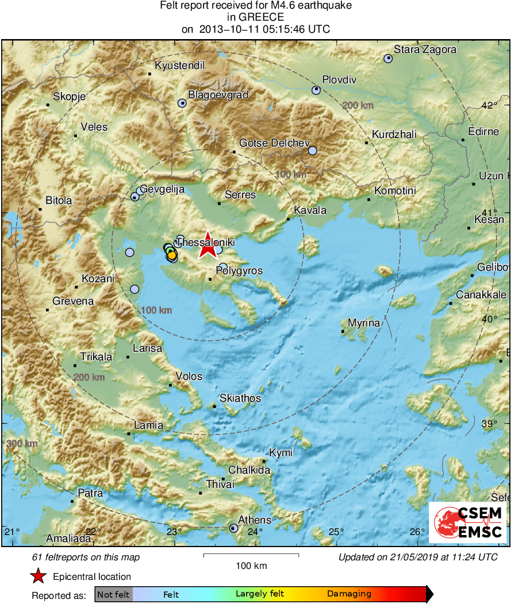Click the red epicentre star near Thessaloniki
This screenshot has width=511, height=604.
point(208,248)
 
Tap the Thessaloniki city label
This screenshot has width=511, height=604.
point(205,243)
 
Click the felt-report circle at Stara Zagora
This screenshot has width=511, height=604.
point(389,58)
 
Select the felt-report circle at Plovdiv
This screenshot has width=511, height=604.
point(316,90)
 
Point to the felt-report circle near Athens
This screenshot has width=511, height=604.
point(233,528)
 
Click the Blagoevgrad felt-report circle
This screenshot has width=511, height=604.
point(182,103)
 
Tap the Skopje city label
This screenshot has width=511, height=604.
point(69,97)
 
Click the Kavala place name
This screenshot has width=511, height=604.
point(310,210)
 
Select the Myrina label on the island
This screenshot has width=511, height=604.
point(364,323)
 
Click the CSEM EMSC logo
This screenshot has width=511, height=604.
point(467,522)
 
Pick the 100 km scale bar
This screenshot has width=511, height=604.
point(251,555)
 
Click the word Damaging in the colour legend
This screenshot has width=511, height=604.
point(349,594)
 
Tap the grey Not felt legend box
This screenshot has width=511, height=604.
point(113,594)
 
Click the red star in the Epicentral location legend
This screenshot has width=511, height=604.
point(38,576)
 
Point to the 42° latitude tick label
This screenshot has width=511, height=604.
point(489,106)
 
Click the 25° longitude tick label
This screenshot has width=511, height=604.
point(336,531)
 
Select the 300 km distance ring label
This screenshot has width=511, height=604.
point(22,444)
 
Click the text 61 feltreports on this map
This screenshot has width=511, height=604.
point(86,557)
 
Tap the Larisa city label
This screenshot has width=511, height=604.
point(147,348)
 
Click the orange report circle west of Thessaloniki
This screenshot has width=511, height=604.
point(171,255)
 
